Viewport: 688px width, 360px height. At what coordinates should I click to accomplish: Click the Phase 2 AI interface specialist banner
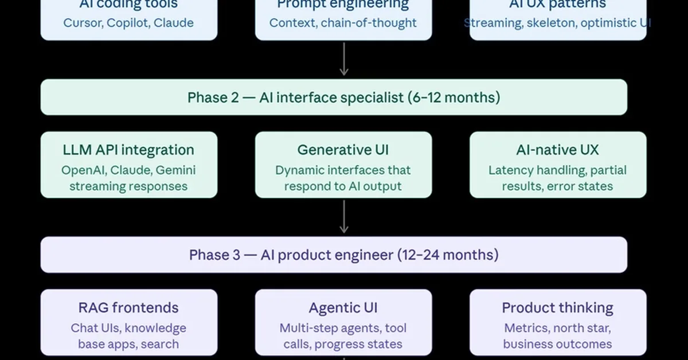pyautogui.click(x=334, y=97)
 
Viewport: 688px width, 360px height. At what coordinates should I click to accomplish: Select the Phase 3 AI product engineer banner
pyautogui.click(x=334, y=255)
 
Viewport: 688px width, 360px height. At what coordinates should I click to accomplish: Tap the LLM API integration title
pyautogui.click(x=128, y=150)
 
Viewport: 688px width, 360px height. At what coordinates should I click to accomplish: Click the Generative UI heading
pyautogui.click(x=343, y=150)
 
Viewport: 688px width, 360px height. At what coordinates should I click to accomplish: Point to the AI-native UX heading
pyautogui.click(x=557, y=150)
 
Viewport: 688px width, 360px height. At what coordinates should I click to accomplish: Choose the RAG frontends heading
pyautogui.click(x=128, y=308)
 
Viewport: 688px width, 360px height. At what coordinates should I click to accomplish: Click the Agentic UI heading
pyautogui.click(x=343, y=308)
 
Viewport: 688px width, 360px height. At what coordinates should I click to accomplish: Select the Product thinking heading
pyautogui.click(x=557, y=308)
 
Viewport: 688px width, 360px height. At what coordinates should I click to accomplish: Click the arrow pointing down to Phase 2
pyautogui.click(x=343, y=59)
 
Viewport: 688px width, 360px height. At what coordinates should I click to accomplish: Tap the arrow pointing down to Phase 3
pyautogui.click(x=343, y=217)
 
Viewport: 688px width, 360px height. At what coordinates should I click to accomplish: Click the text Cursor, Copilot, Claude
pyautogui.click(x=128, y=23)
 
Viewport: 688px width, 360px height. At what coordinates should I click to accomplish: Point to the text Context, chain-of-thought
pyautogui.click(x=343, y=23)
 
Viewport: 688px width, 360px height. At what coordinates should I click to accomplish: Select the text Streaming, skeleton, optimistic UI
pyautogui.click(x=557, y=23)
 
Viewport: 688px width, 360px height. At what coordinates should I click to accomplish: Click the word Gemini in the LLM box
pyautogui.click(x=175, y=170)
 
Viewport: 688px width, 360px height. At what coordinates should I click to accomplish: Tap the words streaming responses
pyautogui.click(x=128, y=186)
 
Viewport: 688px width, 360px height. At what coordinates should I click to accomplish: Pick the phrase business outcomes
pyautogui.click(x=557, y=344)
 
